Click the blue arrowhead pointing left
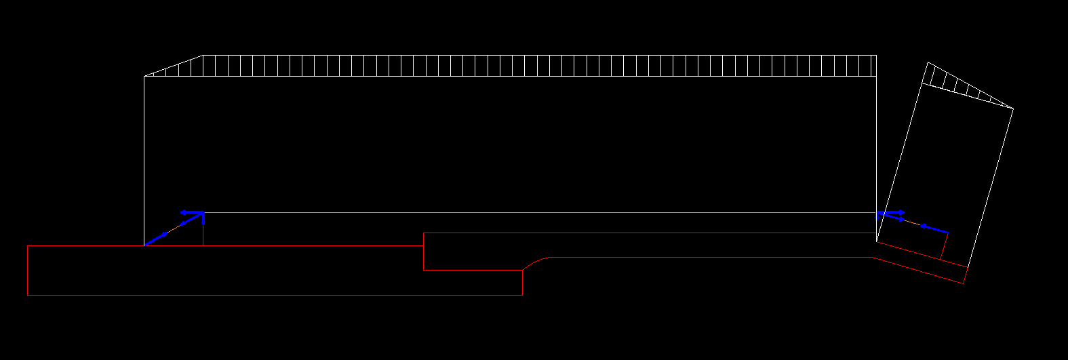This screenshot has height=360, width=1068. tap(183, 212)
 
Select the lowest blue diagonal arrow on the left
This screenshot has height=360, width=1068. tap(157, 238)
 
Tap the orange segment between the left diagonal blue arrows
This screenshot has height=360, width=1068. tap(174, 228)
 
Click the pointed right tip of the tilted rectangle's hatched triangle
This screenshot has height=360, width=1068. tap(1012, 108)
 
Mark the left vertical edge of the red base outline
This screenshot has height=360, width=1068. tap(27, 270)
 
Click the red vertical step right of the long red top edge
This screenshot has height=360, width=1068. tap(424, 252)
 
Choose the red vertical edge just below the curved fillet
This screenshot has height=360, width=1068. tap(522, 283)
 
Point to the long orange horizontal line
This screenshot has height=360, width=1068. tap(542, 212)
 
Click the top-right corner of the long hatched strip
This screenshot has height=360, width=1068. tap(876, 56)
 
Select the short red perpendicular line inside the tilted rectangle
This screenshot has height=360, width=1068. tap(944, 245)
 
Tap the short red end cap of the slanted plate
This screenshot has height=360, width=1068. tap(965, 275)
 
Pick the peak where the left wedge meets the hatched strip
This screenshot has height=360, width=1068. tap(203, 56)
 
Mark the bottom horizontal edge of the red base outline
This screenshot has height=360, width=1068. tap(271, 295)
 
